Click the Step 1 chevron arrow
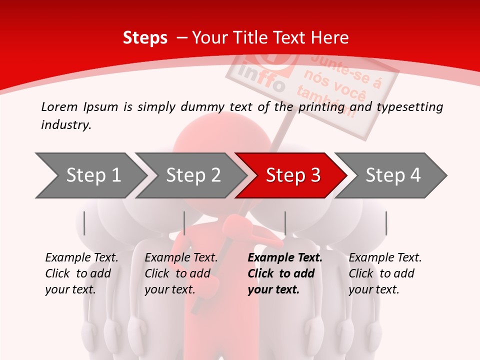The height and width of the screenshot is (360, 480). [90, 175]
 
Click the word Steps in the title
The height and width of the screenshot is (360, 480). [145, 37]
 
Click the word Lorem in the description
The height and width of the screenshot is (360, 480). [59, 106]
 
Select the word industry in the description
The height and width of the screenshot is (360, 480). [65, 125]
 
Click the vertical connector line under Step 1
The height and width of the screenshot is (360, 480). [84, 223]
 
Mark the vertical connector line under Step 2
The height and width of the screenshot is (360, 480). [184, 223]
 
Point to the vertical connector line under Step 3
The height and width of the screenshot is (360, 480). [285, 223]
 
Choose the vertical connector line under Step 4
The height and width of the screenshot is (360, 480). [386, 223]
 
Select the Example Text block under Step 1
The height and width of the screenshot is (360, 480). [81, 273]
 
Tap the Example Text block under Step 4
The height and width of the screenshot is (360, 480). [385, 273]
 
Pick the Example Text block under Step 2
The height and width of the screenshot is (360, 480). [181, 273]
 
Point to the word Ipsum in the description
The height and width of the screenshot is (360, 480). [100, 107]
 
